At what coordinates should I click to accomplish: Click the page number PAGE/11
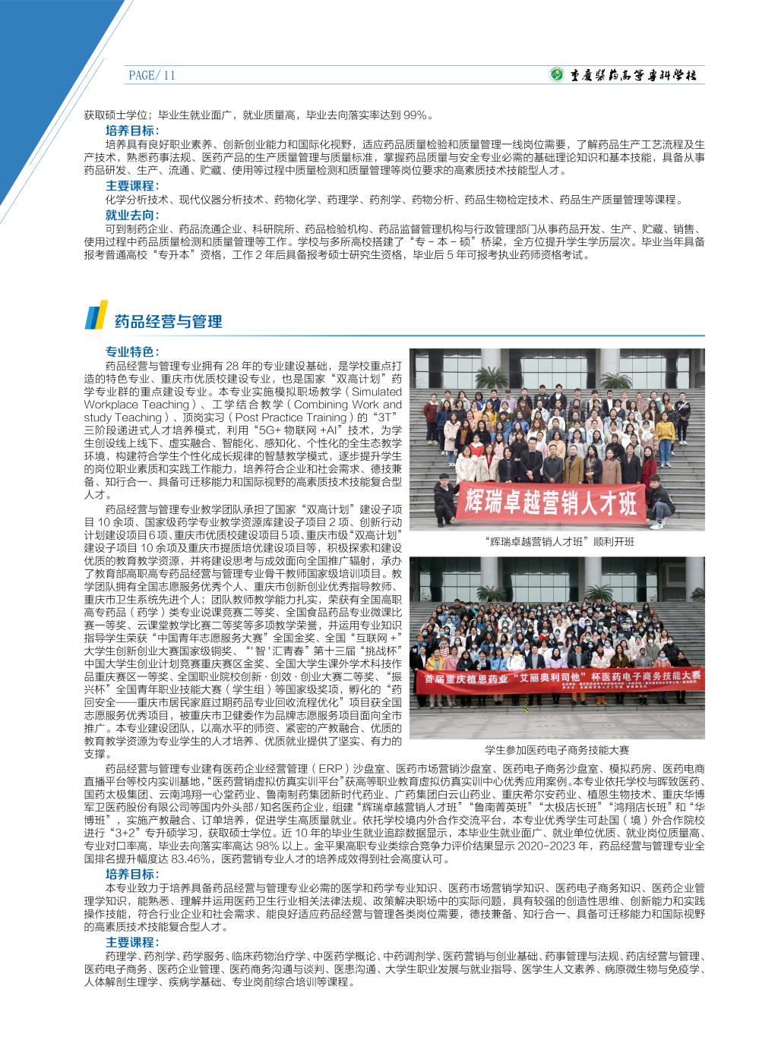click(152, 75)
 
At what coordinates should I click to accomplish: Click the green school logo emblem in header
click(558, 75)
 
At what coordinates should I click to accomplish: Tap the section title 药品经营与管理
click(168, 322)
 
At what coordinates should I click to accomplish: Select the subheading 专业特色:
click(132, 352)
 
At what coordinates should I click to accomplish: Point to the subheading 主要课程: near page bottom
click(132, 942)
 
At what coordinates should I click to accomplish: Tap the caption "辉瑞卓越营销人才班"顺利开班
click(558, 542)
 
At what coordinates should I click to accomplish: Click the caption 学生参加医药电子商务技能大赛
click(557, 748)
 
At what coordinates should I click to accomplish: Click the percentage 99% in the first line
click(416, 115)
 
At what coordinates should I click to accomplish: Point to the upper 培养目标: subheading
click(132, 130)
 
